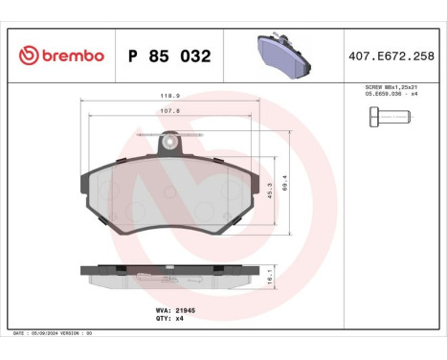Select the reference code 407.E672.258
[391, 56]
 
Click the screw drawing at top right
[389, 118]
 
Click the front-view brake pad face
[169, 196]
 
